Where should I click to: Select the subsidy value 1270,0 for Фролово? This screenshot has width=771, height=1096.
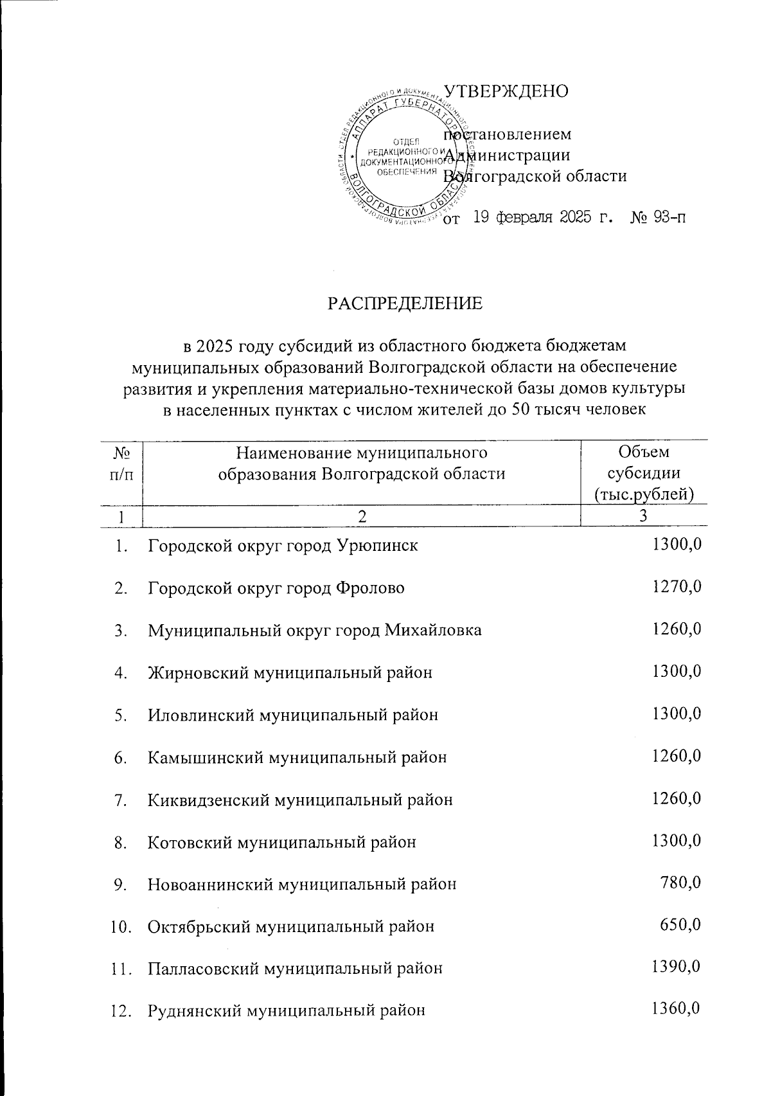[676, 587]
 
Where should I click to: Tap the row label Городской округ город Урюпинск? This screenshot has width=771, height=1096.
[283, 546]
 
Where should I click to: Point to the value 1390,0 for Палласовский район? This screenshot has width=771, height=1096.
[676, 967]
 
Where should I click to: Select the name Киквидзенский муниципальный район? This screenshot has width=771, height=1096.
[300, 800]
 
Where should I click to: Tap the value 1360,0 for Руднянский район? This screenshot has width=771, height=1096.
[676, 1009]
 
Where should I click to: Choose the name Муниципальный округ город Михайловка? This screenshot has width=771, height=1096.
[314, 630]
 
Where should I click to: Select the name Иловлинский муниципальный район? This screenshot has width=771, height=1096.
[293, 715]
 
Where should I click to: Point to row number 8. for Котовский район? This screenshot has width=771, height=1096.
[121, 841]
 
